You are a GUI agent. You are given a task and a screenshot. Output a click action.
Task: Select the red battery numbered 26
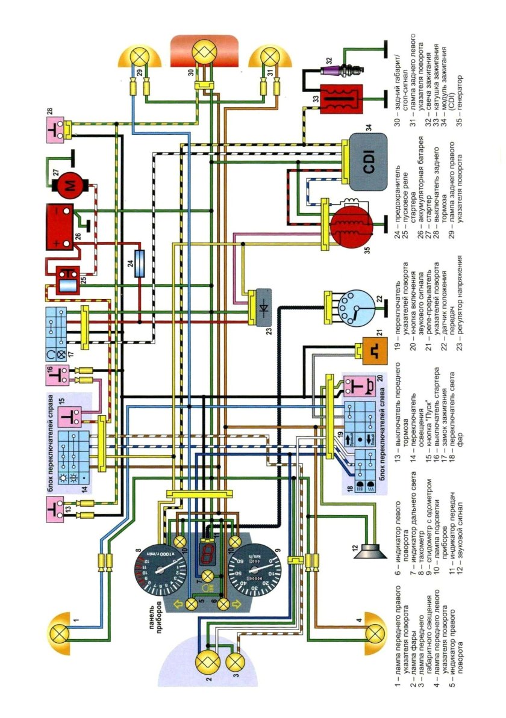click(x=61, y=228)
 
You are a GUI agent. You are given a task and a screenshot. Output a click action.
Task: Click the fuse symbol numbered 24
click(x=140, y=264)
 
